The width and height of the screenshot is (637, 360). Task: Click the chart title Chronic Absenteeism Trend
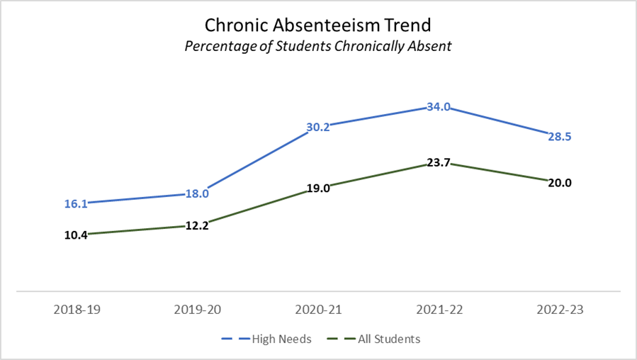pyautogui.click(x=318, y=26)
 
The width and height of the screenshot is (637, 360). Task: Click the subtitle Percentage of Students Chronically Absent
pyautogui.click(x=318, y=46)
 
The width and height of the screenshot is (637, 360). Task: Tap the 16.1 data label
pyautogui.click(x=76, y=204)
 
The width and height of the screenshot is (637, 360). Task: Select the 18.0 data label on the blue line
pyautogui.click(x=197, y=193)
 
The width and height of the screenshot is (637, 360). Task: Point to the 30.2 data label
pyautogui.click(x=318, y=128)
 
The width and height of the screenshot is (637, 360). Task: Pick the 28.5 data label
pyautogui.click(x=559, y=137)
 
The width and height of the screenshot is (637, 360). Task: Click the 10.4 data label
pyautogui.click(x=76, y=235)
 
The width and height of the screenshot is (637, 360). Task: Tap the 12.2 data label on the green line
pyautogui.click(x=197, y=227)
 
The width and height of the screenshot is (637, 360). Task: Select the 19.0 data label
pyautogui.click(x=318, y=189)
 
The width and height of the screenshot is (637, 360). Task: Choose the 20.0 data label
pyautogui.click(x=559, y=182)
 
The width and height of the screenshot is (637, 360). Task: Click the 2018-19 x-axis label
pyautogui.click(x=76, y=310)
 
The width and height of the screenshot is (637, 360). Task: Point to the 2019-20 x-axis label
pyautogui.click(x=197, y=310)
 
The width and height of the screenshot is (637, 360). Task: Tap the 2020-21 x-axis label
pyautogui.click(x=318, y=310)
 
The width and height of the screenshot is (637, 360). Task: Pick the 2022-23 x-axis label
pyautogui.click(x=560, y=310)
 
